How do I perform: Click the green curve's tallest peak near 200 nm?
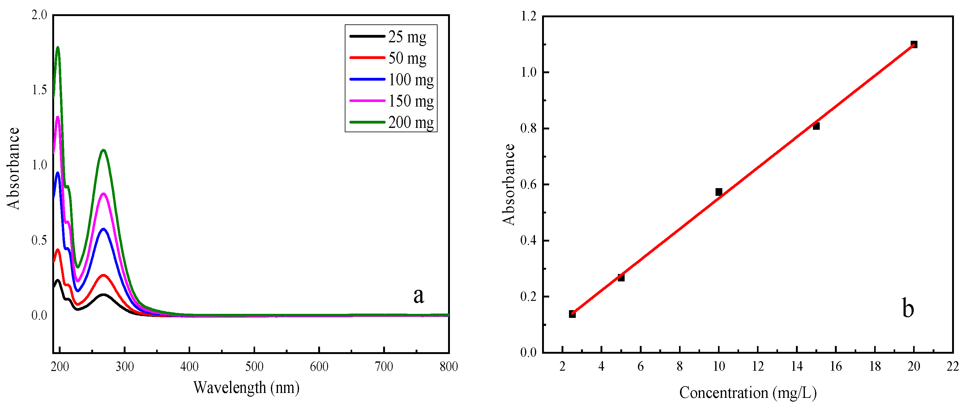[x=58, y=48]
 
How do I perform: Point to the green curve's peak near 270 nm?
[x=103, y=150]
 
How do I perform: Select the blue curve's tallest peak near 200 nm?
[x=58, y=173]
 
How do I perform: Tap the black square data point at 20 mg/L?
[x=914, y=44]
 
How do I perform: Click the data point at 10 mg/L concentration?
[x=719, y=192]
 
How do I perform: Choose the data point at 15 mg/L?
[x=816, y=126]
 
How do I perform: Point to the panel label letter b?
[x=908, y=309]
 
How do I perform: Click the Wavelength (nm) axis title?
[x=246, y=387]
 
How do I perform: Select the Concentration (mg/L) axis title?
[x=748, y=393]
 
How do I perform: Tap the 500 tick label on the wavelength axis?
[x=254, y=366]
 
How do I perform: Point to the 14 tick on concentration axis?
[x=797, y=366]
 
